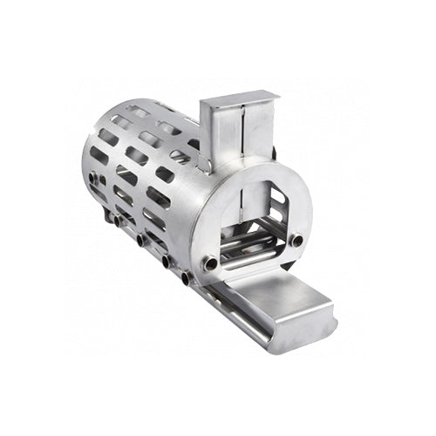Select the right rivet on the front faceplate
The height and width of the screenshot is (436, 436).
(297, 240)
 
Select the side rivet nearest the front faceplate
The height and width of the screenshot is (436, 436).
(185, 278)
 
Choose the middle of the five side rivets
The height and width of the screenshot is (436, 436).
(140, 238)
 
